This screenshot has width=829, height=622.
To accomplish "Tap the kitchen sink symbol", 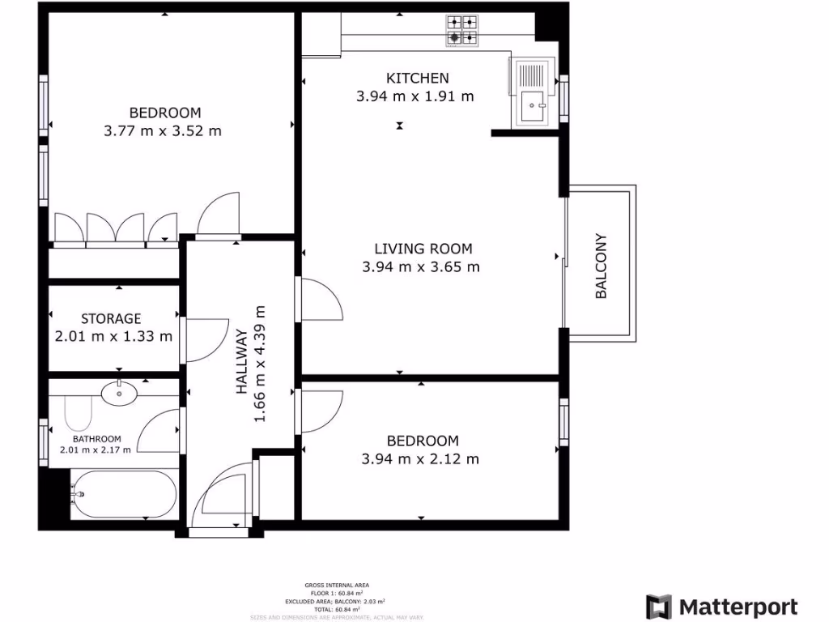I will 533,103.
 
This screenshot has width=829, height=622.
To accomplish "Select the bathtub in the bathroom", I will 123,494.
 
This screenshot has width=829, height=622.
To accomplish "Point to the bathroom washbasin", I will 120,394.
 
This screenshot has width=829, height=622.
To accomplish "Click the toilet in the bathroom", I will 79,413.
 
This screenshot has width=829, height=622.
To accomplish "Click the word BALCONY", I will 601,266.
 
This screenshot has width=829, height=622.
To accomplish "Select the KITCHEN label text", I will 417,79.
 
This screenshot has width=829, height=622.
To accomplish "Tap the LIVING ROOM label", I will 423,249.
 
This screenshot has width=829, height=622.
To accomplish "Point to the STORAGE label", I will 111,319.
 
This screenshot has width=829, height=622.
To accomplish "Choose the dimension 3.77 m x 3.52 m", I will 163,130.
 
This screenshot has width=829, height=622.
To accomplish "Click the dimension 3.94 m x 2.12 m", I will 420,459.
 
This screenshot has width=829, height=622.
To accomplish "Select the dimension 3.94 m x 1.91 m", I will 414,96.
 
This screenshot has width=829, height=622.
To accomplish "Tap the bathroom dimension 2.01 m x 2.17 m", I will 95,450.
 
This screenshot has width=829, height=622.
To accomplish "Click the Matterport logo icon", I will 658,607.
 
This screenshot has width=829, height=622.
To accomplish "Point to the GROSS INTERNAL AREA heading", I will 338,585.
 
